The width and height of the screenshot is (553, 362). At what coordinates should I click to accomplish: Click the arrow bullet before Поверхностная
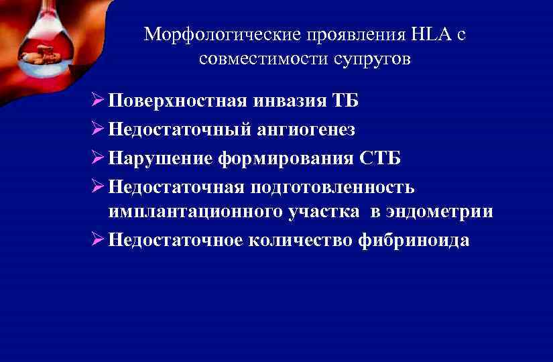(x=95, y=101)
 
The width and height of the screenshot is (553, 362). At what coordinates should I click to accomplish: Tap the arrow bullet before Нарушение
(x=95, y=158)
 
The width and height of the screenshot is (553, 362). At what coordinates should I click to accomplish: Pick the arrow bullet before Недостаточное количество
(x=95, y=240)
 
